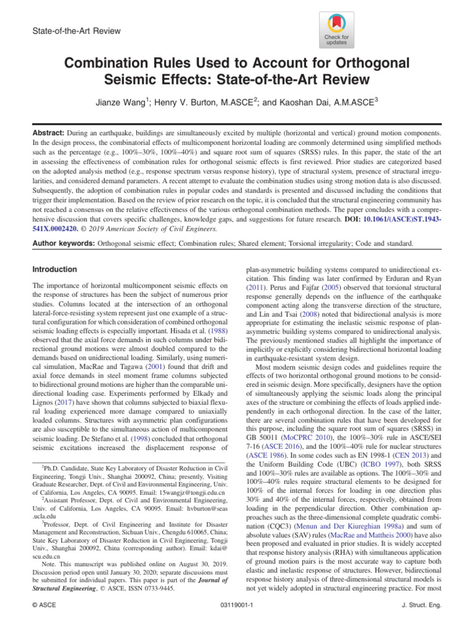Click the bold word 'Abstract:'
[x=48, y=132]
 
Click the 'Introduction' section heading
[x=55, y=270]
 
